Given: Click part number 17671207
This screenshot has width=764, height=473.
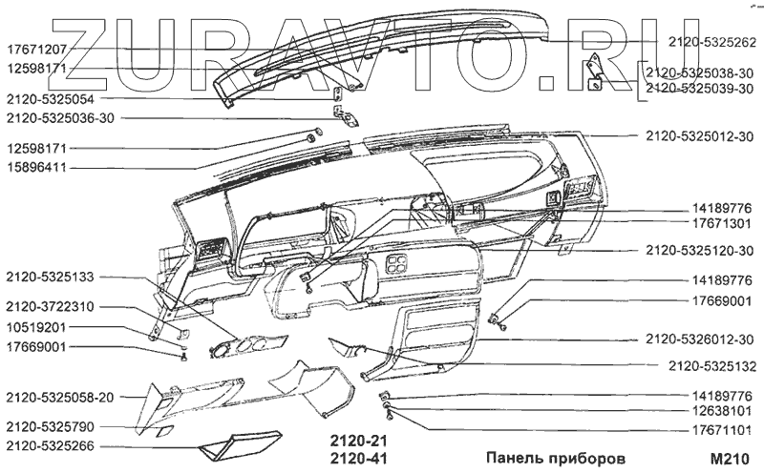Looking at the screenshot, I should click(x=37, y=49).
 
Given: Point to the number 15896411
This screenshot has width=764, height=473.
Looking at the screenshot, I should click(x=37, y=167).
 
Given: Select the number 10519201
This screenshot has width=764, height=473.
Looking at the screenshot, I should click(x=37, y=327).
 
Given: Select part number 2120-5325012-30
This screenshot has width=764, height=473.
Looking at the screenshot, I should click(x=699, y=136).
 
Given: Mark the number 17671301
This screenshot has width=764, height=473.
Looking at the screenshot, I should click(x=722, y=224).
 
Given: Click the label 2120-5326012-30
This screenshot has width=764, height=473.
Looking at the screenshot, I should click(x=699, y=339).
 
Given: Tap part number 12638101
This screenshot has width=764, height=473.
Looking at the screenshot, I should click(x=722, y=413).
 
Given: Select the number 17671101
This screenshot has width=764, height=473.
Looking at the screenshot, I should click(x=722, y=431).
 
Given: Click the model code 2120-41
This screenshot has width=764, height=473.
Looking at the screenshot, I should click(x=361, y=459).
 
